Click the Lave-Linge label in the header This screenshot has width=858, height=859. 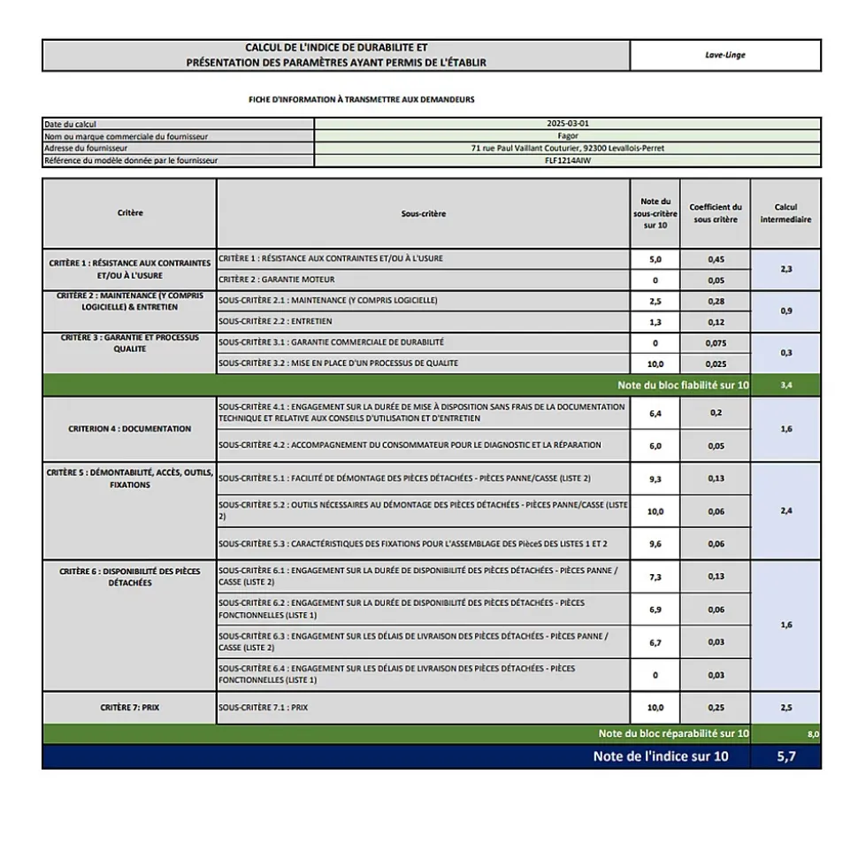coord(725,55)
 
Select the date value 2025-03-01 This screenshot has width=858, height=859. coord(568,124)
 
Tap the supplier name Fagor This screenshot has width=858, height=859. coord(568,136)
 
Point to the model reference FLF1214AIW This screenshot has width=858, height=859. coord(568,161)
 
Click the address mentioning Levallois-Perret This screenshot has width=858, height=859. coord(568,149)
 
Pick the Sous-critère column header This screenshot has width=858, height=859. coord(423,213)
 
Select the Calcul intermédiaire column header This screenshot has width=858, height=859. coord(785,213)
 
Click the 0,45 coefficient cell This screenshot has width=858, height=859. coord(716,259)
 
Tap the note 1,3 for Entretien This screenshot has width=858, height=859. coord(655,322)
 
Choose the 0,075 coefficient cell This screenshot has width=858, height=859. coord(716,343)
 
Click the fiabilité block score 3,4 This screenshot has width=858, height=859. coord(786,386)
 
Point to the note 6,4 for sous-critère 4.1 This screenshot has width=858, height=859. coord(655,413)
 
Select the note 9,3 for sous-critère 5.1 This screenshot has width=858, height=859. coord(655,479)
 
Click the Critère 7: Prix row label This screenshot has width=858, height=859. coord(129,708)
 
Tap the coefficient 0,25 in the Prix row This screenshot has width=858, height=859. coord(716,708)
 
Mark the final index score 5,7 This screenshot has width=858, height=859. coord(785,756)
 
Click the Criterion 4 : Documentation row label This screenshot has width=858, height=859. coord(129,429)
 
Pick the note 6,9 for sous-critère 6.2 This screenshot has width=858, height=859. coord(655,610)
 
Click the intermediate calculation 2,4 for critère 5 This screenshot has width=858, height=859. coord(785,511)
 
